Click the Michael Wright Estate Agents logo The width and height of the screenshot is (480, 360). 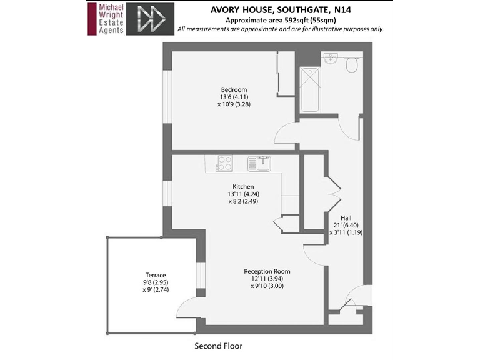tap(106, 18)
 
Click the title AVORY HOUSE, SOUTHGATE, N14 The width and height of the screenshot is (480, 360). tap(280, 10)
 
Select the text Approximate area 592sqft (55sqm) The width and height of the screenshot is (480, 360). tap(280, 20)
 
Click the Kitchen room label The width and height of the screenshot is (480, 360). tap(243, 187)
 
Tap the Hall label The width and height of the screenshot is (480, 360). tap(346, 217)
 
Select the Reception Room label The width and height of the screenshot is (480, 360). tap(267, 271)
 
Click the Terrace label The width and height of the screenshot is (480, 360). tap(156, 275)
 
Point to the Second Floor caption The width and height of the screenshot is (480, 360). tap(218, 346)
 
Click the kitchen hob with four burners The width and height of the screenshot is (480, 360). tap(224, 163)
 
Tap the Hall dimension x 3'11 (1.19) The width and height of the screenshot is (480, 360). tap(346, 232)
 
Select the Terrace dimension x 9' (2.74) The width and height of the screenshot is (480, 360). tap(156, 290)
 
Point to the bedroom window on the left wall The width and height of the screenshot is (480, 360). tap(167, 96)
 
